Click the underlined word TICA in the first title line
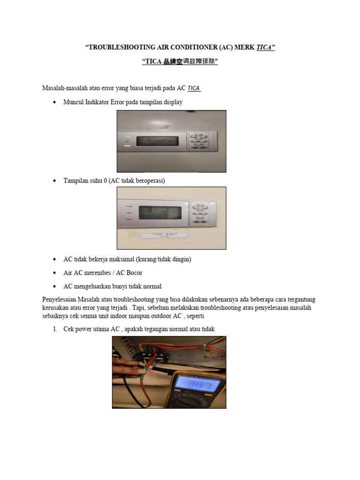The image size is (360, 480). pos(264,47)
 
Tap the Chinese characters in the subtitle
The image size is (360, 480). pos(191,61)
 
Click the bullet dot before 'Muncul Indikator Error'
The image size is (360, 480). pos(55,102)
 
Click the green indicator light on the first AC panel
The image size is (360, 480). pos(127,138)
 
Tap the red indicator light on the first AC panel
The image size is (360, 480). pos(127,146)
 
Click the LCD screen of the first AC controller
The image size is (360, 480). pos(157,141)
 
